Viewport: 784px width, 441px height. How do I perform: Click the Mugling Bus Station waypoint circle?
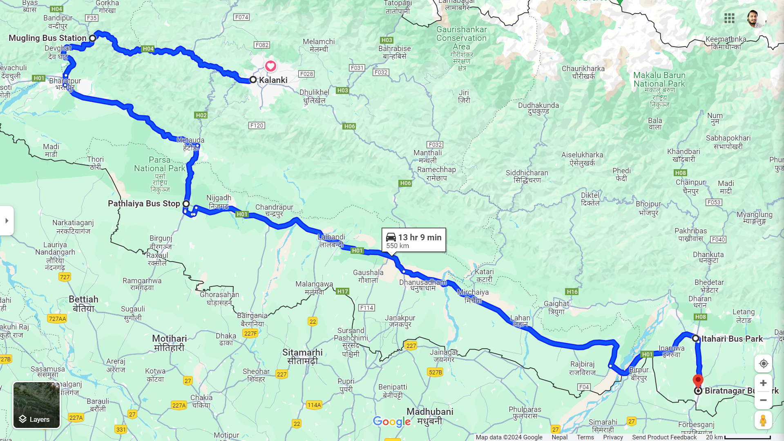[x=93, y=38]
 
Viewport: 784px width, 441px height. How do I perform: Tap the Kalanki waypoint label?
[x=273, y=80]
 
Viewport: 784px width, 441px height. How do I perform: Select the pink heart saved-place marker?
[x=270, y=66]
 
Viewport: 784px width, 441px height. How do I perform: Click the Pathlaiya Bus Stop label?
[x=144, y=204]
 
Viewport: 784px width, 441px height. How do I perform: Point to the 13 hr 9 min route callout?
[x=413, y=240]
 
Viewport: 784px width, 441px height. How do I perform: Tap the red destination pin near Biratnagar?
[x=698, y=381]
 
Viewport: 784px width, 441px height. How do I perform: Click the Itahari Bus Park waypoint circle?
[x=695, y=338]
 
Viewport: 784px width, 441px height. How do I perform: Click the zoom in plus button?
[x=763, y=383]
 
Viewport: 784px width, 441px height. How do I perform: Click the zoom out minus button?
[x=763, y=400]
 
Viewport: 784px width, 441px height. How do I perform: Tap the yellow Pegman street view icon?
[x=763, y=420]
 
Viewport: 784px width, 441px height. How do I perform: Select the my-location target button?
[x=763, y=363]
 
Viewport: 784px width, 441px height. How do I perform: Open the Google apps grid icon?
[x=729, y=18]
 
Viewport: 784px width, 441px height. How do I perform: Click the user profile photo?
[x=754, y=18]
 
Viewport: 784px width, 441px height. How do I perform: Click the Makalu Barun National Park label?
[x=659, y=80]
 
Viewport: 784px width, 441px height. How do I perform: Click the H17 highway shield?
[x=342, y=291]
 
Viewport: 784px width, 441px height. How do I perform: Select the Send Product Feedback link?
[x=664, y=437]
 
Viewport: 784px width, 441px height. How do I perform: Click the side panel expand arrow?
[x=7, y=221]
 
